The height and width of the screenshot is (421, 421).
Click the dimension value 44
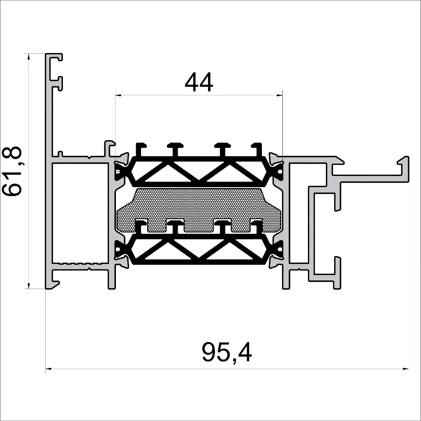coord(199,82)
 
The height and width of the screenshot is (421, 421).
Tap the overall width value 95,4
coord(227,353)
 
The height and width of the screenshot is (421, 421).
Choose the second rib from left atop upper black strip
coord(176,148)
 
